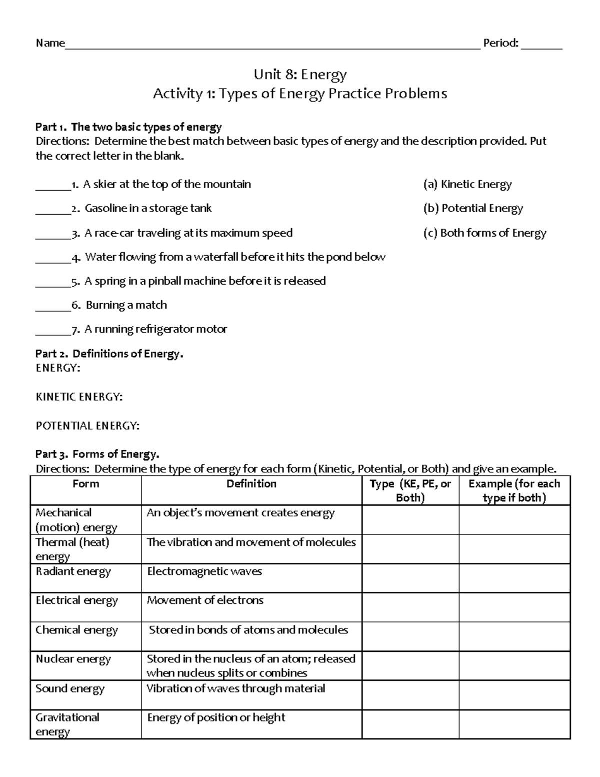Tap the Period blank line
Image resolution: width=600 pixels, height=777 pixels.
click(541, 46)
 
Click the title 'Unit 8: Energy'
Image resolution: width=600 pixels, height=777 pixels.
click(300, 75)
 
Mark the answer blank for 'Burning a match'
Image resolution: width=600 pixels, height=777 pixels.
click(53, 307)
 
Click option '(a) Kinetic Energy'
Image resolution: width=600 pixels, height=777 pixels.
click(467, 184)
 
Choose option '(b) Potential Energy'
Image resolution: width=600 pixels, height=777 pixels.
click(473, 208)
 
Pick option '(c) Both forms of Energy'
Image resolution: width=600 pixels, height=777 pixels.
click(484, 233)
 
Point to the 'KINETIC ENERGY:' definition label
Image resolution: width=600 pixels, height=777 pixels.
click(79, 397)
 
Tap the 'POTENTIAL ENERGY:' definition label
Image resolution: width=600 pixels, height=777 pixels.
click(87, 426)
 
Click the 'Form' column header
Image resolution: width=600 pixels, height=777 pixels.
click(85, 484)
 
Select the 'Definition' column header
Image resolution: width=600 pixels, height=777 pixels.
click(251, 484)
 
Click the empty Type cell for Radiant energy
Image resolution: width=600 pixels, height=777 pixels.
click(410, 578)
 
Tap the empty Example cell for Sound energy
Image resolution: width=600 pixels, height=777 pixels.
click(514, 694)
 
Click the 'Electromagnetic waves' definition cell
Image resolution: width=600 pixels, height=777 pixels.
click(204, 571)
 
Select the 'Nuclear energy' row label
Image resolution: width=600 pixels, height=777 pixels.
click(73, 659)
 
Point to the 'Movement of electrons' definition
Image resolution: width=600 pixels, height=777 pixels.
click(205, 600)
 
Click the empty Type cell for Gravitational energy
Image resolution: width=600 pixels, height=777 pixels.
click(410, 724)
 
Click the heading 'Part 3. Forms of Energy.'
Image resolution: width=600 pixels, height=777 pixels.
click(97, 454)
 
